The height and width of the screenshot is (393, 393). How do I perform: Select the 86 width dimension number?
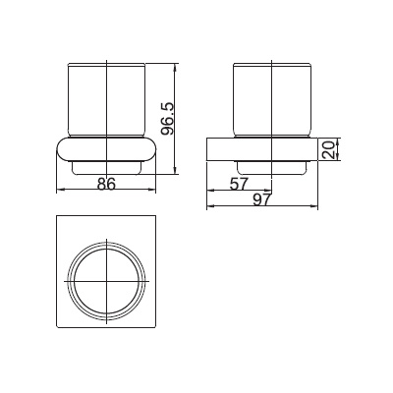[x=107, y=184]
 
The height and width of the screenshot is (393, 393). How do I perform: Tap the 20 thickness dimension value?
[x=328, y=149]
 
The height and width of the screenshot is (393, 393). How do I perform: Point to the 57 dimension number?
[x=239, y=184]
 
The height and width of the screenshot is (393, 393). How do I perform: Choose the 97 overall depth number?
[x=262, y=199]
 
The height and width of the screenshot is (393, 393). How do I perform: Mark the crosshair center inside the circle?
[x=107, y=281]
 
